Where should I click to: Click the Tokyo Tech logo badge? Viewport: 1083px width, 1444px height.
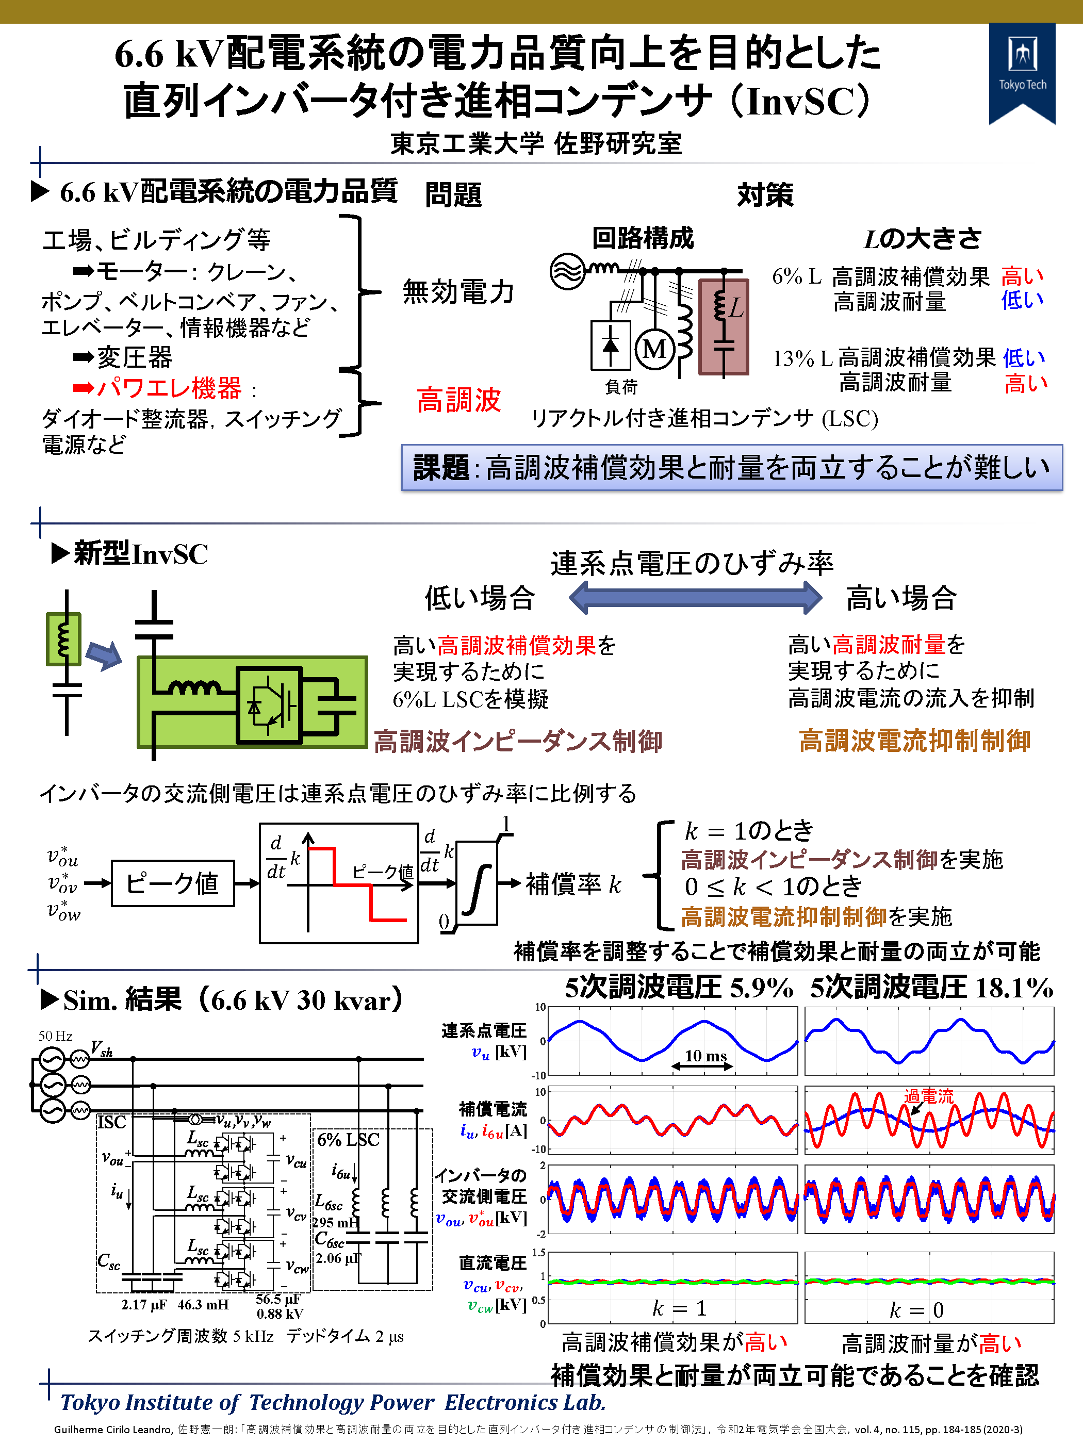[x=1022, y=71]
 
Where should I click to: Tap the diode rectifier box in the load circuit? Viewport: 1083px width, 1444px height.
[x=611, y=344]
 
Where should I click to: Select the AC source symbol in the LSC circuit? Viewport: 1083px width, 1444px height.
[x=567, y=272]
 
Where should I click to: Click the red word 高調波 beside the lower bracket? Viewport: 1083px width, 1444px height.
[x=458, y=400]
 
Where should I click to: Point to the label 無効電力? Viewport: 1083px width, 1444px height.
[x=458, y=291]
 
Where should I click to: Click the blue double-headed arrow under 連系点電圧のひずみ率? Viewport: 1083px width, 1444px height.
[x=695, y=597]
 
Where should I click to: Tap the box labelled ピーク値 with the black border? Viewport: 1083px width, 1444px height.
[x=172, y=883]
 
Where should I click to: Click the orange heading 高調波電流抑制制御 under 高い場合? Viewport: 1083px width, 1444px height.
[x=914, y=741]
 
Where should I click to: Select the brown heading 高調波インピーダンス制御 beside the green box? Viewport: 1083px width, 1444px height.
[x=518, y=742]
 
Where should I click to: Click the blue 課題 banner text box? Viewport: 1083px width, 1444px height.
[x=731, y=467]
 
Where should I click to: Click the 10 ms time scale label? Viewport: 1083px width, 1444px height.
[x=705, y=1056]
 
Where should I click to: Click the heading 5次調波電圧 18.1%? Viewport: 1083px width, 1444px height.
[x=931, y=988]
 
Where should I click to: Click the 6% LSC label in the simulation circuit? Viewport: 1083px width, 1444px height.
[x=348, y=1140]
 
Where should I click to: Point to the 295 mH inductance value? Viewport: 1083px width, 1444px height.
[x=335, y=1222]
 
